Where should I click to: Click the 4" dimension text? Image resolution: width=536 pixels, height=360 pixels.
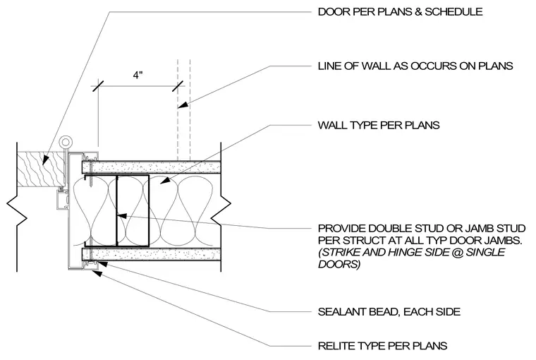point(138,75)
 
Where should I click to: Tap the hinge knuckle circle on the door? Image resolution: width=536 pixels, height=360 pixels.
point(64,142)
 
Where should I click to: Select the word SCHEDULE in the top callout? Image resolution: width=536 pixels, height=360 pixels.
point(453,11)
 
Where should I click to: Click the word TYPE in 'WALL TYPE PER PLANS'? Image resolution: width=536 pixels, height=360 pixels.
point(364,125)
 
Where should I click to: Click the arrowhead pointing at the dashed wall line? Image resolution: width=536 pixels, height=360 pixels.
point(183,104)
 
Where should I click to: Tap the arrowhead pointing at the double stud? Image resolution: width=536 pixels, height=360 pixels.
point(122,216)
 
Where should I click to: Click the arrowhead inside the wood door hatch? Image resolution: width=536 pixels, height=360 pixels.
point(44,159)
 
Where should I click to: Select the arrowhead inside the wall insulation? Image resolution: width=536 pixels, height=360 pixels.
point(164,180)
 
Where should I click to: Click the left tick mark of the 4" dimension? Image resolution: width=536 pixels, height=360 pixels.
point(98,85)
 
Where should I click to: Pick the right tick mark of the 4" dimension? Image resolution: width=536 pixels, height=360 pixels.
point(178,85)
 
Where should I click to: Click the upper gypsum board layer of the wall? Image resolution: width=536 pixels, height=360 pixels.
point(152,167)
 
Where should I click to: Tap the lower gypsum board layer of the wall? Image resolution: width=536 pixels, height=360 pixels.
point(152,255)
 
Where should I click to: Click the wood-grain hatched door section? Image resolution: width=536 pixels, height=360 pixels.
point(41,169)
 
